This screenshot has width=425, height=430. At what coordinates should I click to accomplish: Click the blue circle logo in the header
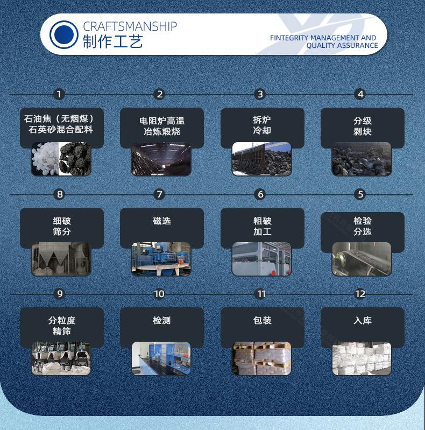coord(64,34)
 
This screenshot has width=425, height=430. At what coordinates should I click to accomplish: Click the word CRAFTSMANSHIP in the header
coord(130,26)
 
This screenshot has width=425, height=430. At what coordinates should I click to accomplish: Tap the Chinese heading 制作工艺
coord(112,41)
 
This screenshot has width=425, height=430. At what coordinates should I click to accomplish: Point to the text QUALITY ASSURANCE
coord(342,46)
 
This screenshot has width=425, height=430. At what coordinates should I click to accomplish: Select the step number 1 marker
coord(59,94)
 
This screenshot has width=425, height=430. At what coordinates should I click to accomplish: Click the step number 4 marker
coord(360,94)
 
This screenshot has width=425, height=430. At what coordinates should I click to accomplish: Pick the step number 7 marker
coord(159,194)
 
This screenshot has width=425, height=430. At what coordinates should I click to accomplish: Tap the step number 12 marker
coord(360,294)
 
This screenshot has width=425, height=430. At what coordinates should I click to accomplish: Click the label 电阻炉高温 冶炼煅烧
coord(162,126)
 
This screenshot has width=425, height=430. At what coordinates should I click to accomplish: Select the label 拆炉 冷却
coord(262,125)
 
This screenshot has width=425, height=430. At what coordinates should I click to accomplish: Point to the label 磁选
coord(162,221)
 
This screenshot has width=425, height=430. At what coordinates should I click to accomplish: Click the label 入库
coord(363,320)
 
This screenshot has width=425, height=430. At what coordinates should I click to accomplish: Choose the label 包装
coord(263,320)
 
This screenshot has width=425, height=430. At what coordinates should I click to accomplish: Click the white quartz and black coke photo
coord(61,159)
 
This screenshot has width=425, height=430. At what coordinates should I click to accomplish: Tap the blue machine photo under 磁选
coord(161,259)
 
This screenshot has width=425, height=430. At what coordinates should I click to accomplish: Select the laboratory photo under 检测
coord(161,358)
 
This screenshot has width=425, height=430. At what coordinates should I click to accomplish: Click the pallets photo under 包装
coord(261,358)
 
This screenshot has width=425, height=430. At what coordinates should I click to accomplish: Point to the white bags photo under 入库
coord(362,358)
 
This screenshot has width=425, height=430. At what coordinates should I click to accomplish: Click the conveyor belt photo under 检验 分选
coord(362,259)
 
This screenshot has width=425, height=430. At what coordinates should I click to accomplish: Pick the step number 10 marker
coord(159,294)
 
